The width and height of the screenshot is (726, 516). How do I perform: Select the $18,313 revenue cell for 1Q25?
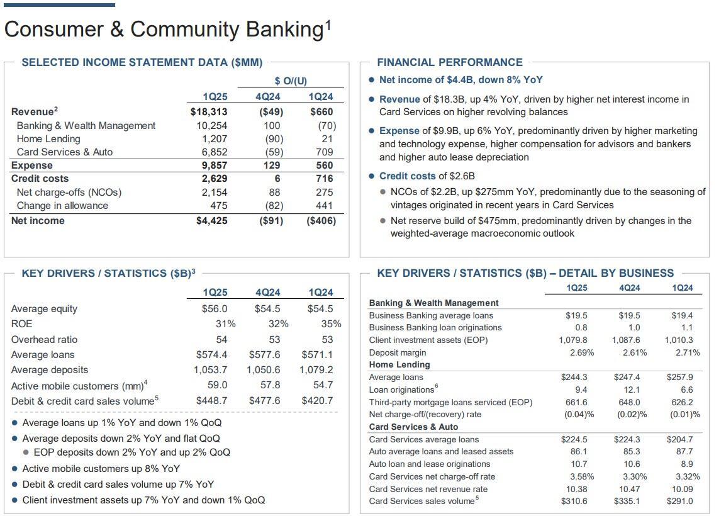click(209, 112)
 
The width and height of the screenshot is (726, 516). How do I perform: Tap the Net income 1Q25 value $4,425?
click(211, 221)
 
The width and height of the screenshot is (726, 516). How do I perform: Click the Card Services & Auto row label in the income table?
click(65, 152)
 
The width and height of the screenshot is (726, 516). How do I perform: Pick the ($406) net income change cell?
click(321, 221)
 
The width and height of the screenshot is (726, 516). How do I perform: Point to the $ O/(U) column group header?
click(291, 81)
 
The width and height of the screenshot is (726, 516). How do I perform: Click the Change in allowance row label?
click(62, 206)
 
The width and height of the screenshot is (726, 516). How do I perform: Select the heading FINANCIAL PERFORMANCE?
click(449, 62)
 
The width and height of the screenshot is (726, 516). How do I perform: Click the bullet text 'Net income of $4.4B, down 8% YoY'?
click(461, 80)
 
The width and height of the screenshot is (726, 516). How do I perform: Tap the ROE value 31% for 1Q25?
click(225, 324)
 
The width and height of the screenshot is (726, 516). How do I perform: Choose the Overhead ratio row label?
click(44, 340)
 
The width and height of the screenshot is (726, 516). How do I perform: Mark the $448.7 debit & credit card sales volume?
click(212, 401)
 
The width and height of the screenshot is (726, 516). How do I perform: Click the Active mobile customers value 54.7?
click(323, 385)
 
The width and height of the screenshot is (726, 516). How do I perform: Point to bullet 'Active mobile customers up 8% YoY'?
click(101, 469)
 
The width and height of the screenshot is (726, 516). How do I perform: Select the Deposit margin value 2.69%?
click(581, 352)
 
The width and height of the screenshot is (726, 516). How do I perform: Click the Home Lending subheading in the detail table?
click(399, 365)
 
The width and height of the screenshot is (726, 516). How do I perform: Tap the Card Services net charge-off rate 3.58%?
click(581, 476)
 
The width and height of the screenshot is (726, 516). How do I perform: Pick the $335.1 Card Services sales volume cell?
click(627, 502)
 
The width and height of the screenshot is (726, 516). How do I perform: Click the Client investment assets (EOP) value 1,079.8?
click(573, 340)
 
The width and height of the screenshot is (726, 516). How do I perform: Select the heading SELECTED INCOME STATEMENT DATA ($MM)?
click(142, 62)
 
